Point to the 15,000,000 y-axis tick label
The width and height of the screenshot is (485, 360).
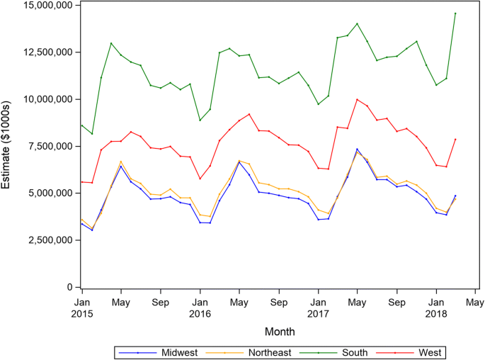click(42, 5)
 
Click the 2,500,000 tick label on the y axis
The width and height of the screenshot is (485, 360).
click(45, 240)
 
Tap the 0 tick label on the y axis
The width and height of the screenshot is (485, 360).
click(69, 287)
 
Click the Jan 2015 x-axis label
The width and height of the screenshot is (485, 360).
click(82, 307)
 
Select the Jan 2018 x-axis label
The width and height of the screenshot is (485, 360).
click(435, 307)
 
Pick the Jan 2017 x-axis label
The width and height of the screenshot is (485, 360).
click(318, 307)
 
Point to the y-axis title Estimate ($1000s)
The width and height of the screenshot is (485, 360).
click(8, 147)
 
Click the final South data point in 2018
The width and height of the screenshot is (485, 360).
click(455, 13)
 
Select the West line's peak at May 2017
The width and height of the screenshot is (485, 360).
click(357, 99)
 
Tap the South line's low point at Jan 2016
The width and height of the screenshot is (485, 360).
click(200, 120)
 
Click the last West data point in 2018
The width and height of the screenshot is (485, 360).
click(455, 140)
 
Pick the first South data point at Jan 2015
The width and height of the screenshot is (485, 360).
click(82, 125)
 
